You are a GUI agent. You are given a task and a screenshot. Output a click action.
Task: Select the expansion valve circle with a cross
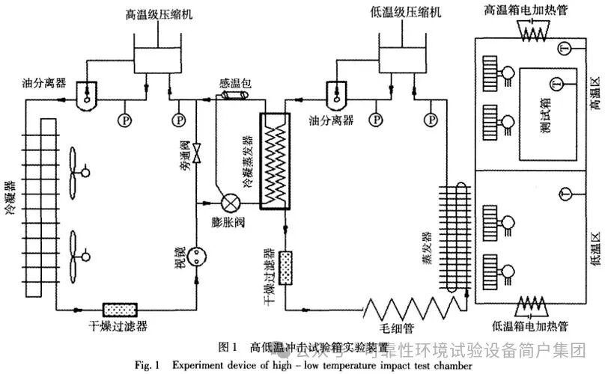[x=231, y=203]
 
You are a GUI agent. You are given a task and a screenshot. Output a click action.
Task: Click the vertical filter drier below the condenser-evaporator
[x=286, y=264]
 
